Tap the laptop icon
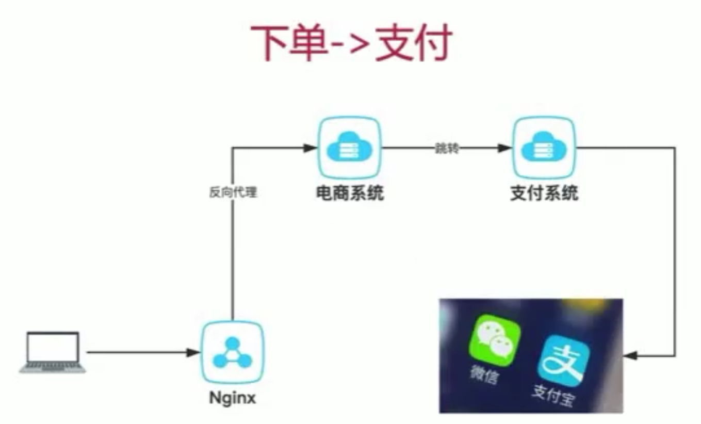click(53, 352)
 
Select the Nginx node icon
click(233, 352)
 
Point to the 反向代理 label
click(233, 193)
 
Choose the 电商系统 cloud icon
click(349, 148)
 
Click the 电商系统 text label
click(350, 193)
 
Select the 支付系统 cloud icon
click(544, 148)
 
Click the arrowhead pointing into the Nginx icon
click(193, 353)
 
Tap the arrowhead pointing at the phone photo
click(630, 356)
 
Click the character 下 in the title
click(270, 43)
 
